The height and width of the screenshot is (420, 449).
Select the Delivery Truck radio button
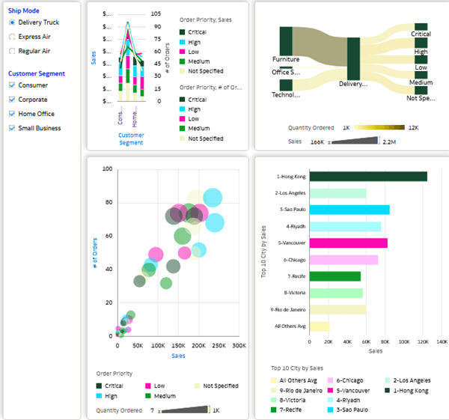[x=12, y=22]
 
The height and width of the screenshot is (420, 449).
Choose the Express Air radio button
[x=12, y=37]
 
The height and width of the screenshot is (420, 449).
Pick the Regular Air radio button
[x=12, y=51]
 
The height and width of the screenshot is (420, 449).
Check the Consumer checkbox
[x=12, y=85]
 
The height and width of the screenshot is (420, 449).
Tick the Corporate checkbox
[x=12, y=100]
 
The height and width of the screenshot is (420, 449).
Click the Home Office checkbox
[x=12, y=114]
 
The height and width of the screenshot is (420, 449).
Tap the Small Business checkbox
[x=12, y=128]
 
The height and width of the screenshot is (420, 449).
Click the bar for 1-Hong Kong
[x=368, y=177]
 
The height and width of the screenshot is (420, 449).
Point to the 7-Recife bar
[x=335, y=276]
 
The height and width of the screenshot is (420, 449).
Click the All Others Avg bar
[x=320, y=326]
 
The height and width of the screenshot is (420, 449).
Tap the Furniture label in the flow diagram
[x=285, y=58]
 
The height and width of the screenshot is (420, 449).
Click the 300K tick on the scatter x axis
[x=239, y=347]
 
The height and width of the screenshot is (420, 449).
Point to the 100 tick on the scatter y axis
[x=107, y=169]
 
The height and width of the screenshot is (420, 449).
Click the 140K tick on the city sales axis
[x=442, y=341]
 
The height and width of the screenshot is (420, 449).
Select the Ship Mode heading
[x=24, y=10]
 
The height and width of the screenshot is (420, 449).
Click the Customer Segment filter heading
[x=36, y=73]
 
